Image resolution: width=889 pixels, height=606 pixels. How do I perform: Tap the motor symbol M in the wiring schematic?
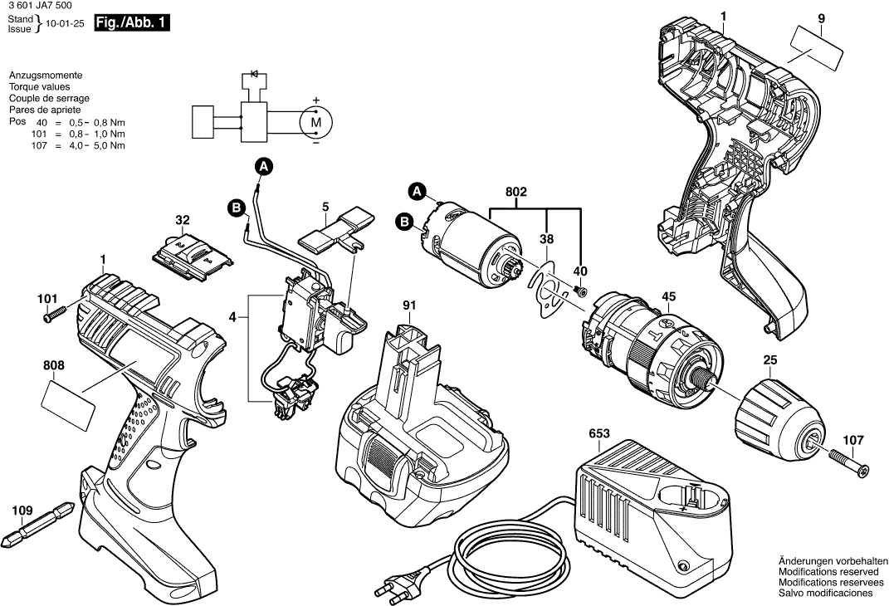pyautogui.click(x=315, y=123)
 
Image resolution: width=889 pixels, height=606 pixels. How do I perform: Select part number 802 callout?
pyautogui.click(x=516, y=193)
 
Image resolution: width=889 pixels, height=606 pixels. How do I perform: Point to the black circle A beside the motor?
pyautogui.click(x=418, y=193)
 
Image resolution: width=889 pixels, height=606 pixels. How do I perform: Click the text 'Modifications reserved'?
pyautogui.click(x=825, y=572)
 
